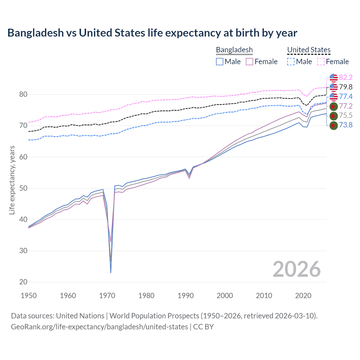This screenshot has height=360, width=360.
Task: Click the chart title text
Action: pyautogui.click(x=152, y=33)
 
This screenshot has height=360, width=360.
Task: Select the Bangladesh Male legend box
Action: pyautogui.click(x=220, y=62)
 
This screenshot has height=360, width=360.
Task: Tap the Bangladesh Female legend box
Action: pyautogui.click(x=250, y=62)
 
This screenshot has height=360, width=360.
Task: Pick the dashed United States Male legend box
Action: pyautogui.click(x=291, y=62)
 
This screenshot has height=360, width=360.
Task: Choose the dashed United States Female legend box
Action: pyautogui.click(x=321, y=62)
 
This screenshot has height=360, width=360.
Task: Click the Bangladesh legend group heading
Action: pyautogui.click(x=234, y=50)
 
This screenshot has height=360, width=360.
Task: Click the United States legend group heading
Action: pyautogui.click(x=309, y=50)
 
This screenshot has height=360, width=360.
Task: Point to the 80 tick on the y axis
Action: pyautogui.click(x=23, y=94)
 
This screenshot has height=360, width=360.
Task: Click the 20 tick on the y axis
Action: pyautogui.click(x=23, y=282)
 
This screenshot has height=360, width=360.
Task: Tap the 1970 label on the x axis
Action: pyautogui.click(x=107, y=296)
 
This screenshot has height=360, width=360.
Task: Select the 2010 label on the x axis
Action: pyautogui.click(x=264, y=296)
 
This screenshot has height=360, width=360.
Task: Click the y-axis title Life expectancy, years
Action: pyautogui.click(x=12, y=180)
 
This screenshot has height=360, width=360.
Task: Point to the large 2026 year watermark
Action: pyautogui.click(x=296, y=269)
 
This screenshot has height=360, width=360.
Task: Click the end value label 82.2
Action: pyautogui.click(x=346, y=77)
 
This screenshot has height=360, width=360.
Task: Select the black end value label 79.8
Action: pyautogui.click(x=346, y=87)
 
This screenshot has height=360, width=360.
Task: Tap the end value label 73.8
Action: pyautogui.click(x=346, y=125)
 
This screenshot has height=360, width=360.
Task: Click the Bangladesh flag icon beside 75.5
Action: pyautogui.click(x=334, y=116)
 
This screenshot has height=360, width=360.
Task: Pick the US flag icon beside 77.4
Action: pyautogui.click(x=334, y=96)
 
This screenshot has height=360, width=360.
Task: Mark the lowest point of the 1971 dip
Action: pyautogui.click(x=111, y=273)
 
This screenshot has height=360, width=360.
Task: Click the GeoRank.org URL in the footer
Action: pyautogui.click(x=99, y=327)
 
